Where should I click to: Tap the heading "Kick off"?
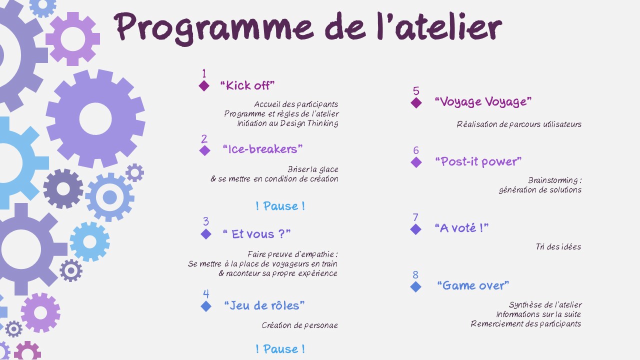[247, 85]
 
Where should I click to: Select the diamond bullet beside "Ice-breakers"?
[204, 150]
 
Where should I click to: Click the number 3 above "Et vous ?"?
[206, 221]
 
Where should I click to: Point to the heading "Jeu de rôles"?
[264, 305]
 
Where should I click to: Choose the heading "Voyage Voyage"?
[483, 101]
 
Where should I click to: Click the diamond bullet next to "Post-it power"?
[416, 162]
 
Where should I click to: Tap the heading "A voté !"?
[461, 228]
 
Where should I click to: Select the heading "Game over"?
[473, 285]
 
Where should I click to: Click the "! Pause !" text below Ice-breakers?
[280, 206]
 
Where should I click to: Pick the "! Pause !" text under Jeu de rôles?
[280, 349]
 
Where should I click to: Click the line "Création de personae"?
[299, 325]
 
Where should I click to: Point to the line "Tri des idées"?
[558, 246]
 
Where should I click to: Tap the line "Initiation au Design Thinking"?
[287, 123]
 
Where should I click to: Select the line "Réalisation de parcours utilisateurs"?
[519, 124]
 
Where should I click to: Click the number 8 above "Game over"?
[415, 275]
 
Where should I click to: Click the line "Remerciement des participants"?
[526, 323]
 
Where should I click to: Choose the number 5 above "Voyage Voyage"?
[416, 91]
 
